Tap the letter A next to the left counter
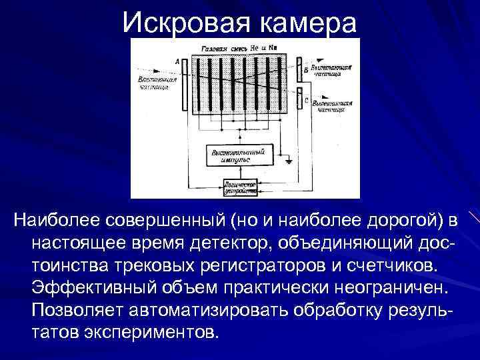[177, 62]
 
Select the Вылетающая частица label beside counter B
[331, 72]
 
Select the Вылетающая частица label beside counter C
[331, 107]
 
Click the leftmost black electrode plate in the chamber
[197, 83]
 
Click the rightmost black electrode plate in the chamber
[281, 83]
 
